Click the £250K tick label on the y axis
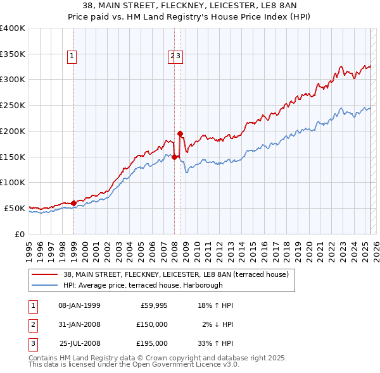pos(13,106)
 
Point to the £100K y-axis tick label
pos(13,182)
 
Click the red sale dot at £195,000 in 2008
pos(180,133)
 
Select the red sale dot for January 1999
pos(73,203)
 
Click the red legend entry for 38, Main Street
pos(175,274)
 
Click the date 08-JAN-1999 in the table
pos(79,305)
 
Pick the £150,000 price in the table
pos(151,324)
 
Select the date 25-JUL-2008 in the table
pos(79,343)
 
